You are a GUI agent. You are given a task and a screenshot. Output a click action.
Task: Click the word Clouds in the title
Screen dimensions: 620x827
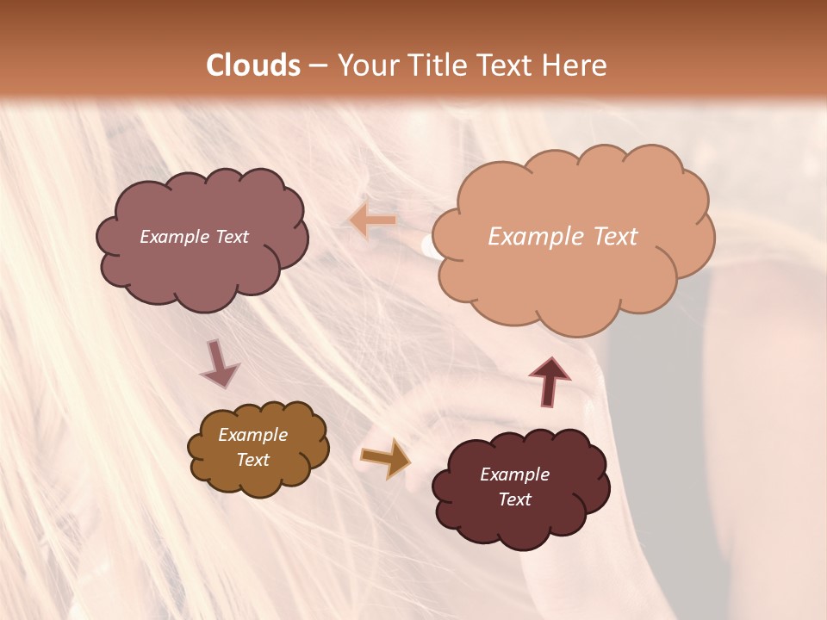253,65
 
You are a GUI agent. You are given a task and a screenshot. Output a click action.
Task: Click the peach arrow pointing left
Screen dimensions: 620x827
373,221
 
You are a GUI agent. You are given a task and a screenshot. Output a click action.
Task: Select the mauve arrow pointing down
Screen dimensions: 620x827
219,363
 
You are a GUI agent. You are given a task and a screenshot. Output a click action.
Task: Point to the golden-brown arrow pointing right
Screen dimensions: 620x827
385,457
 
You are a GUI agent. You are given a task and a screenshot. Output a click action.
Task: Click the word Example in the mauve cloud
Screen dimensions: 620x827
175,237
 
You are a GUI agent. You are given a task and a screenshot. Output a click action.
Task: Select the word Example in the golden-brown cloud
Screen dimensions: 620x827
253,435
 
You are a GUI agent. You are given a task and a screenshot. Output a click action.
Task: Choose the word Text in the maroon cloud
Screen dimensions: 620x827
514,499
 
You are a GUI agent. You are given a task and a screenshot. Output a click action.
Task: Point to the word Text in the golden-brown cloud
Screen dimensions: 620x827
253,460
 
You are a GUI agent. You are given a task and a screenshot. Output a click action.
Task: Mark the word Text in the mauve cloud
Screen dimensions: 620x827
232,237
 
